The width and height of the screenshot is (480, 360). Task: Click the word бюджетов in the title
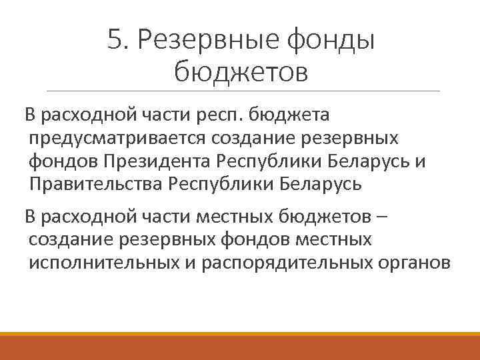coord(241,71)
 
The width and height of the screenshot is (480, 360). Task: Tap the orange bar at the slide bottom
coord(240,347)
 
